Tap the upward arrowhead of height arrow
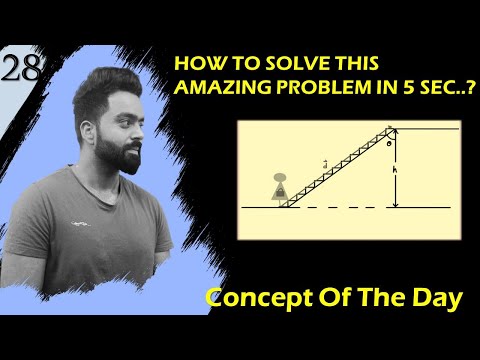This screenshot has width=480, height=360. tap(396, 132)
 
